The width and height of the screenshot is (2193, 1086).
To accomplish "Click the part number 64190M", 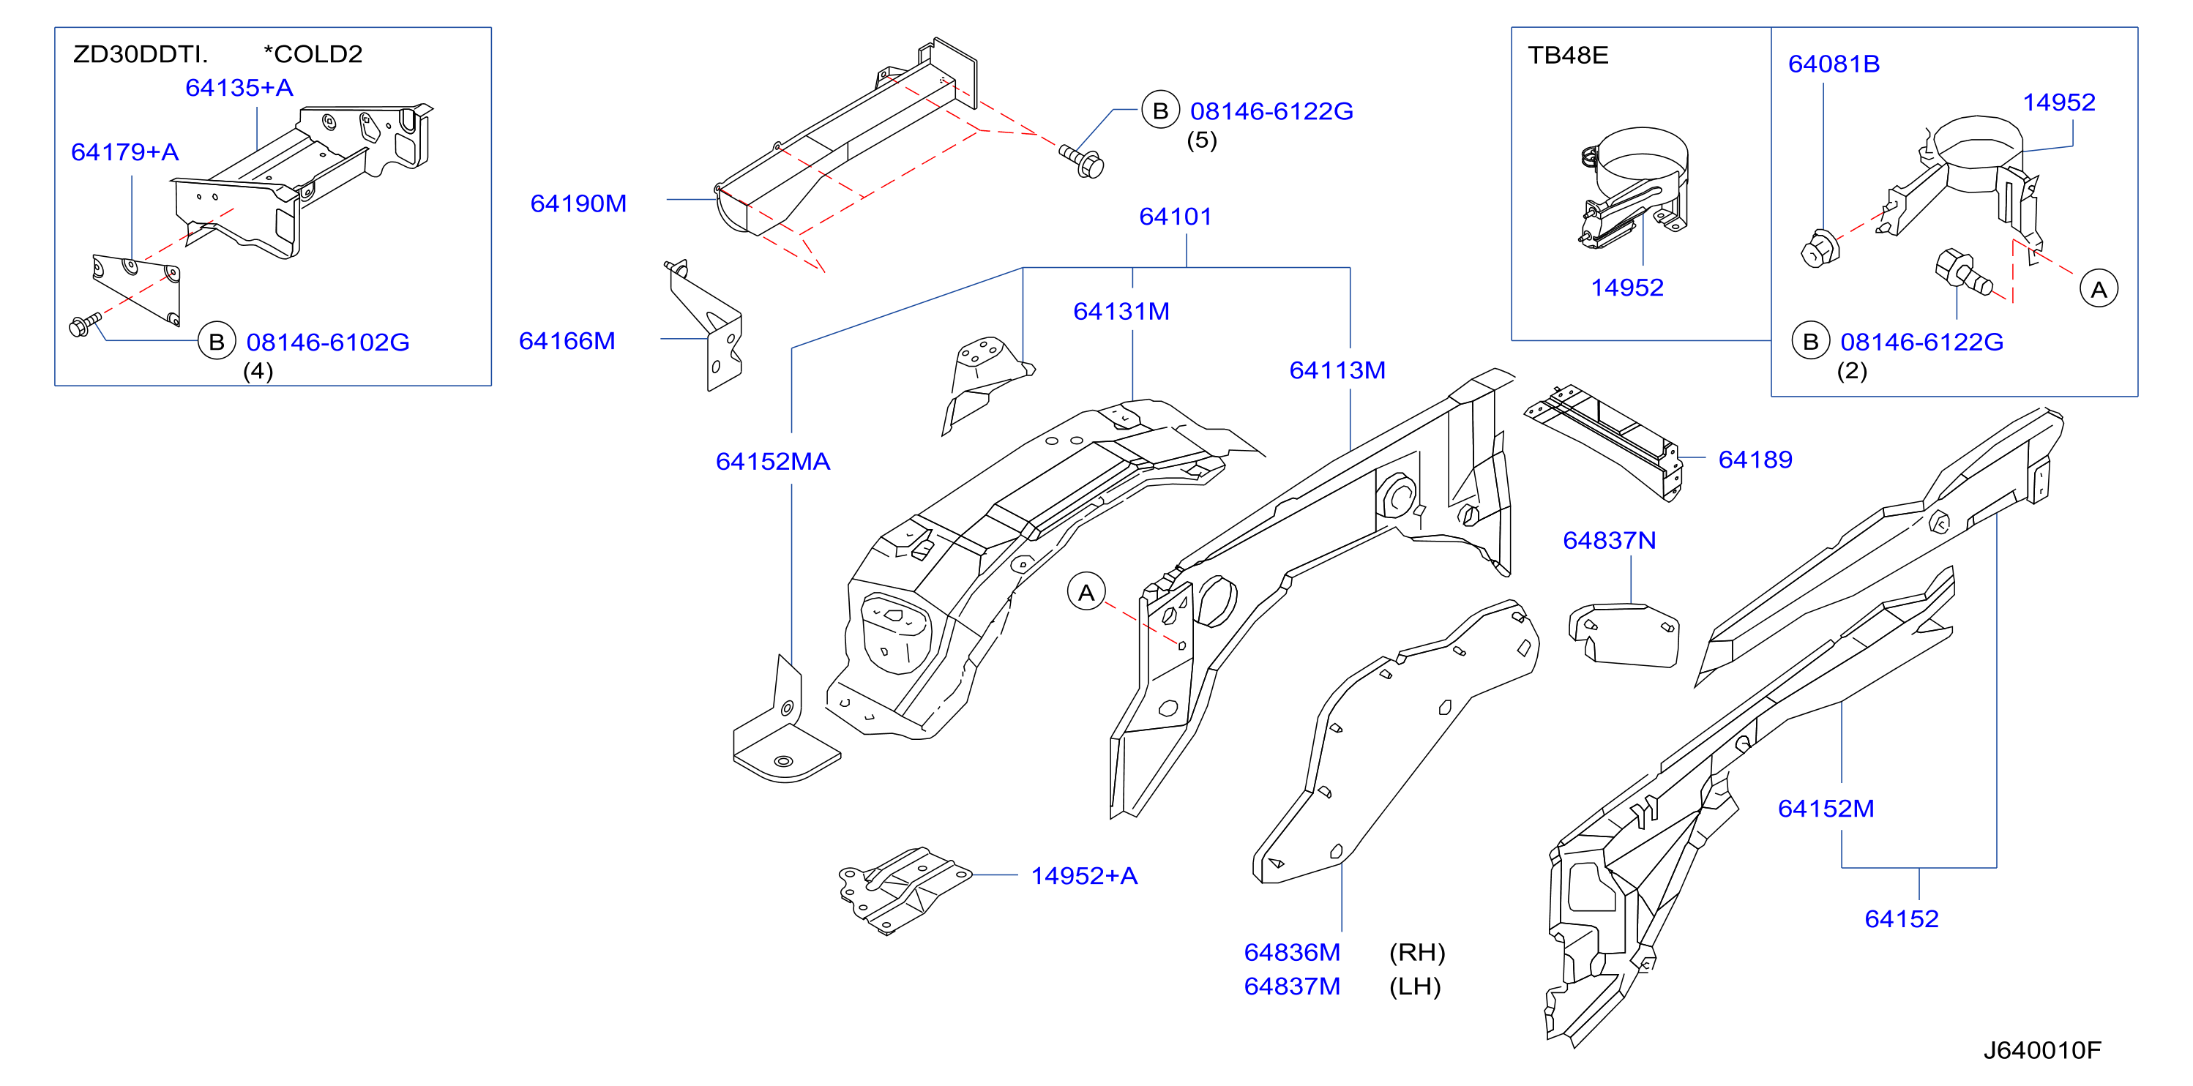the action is coord(578,203).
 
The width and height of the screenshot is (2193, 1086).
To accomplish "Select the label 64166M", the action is coord(567,341).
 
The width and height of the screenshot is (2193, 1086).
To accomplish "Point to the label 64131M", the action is coord(1121,312).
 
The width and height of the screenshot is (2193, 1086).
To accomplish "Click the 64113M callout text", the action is coord(1337,370).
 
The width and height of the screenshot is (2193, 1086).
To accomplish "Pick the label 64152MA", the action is coord(773,461).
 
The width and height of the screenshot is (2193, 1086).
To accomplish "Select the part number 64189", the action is coord(1755,460).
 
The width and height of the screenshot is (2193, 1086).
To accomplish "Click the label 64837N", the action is coord(1609,541).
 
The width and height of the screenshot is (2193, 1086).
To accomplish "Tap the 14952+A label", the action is coord(1084,876).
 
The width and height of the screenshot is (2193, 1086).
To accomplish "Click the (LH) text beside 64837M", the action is coord(1415,986).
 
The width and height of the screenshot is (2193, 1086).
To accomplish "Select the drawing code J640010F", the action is coord(2041,1050).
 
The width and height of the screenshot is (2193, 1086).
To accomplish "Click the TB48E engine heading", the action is coord(1567,56).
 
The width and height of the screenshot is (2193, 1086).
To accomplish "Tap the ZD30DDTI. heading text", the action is coord(141,54).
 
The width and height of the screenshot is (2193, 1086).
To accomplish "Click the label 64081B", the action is coord(1834,64).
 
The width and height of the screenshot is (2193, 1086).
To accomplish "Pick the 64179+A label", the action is coord(125,152).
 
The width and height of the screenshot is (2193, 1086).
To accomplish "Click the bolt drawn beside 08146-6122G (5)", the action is coord(1082,161).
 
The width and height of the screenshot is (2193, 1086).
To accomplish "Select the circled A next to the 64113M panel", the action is coord(1086,592).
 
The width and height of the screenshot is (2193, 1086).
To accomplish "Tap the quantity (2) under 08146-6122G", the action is coord(1852,371).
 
